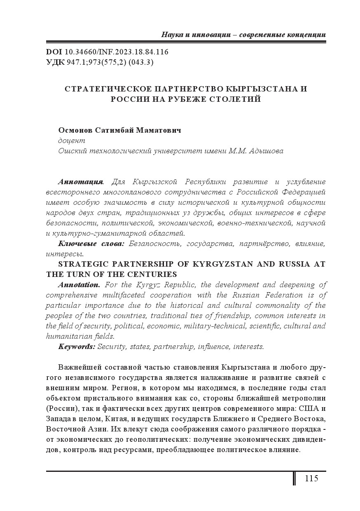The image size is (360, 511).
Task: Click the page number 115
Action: tap(311, 478)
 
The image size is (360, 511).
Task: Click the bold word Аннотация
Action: tap(81, 182)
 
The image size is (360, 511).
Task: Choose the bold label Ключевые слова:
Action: tap(91, 244)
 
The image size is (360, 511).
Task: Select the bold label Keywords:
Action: tap(77, 347)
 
